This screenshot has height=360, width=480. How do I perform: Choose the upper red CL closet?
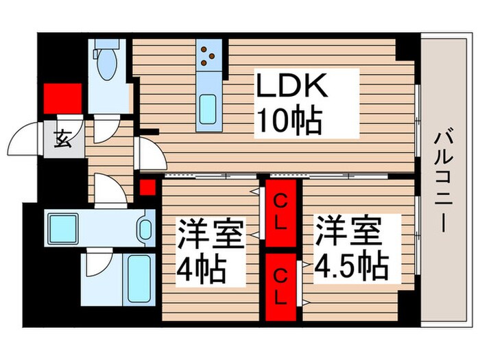[x=281, y=213]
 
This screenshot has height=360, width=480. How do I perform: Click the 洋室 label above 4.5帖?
[x=348, y=230]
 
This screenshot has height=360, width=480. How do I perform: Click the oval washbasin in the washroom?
[x=145, y=227]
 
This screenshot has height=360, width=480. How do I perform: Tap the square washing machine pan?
[x=64, y=227]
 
